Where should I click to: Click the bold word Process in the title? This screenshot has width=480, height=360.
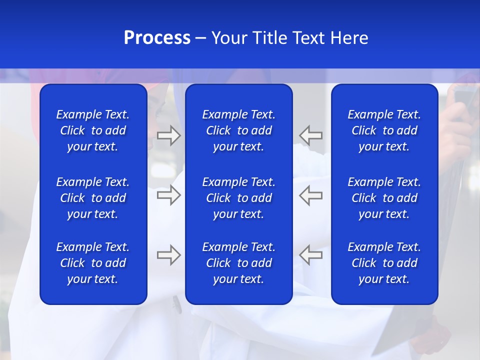[x=157, y=38]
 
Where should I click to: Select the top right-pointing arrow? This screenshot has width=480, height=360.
[x=168, y=135]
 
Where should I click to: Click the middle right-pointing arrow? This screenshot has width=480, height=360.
[x=168, y=195]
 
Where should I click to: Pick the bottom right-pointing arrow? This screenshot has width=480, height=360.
[x=168, y=255]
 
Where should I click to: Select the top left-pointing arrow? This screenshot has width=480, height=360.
[x=311, y=135]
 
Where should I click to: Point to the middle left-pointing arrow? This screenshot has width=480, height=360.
[x=311, y=195]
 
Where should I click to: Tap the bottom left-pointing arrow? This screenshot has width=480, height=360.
[x=311, y=255]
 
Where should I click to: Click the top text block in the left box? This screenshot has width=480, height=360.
[x=93, y=130]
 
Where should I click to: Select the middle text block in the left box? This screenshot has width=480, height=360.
[x=93, y=198]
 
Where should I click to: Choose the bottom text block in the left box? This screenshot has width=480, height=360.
[x=93, y=263]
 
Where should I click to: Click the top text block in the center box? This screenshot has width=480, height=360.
[x=238, y=130]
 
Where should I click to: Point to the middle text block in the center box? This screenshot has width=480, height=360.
[x=238, y=198]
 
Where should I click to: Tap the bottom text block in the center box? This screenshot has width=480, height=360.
[x=238, y=263]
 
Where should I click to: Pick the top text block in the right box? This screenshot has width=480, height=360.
[x=384, y=130]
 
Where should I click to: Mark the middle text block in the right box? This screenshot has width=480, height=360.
[x=384, y=198]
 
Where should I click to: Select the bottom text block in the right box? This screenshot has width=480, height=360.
[x=384, y=263]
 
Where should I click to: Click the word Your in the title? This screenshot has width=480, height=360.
[x=228, y=38]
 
